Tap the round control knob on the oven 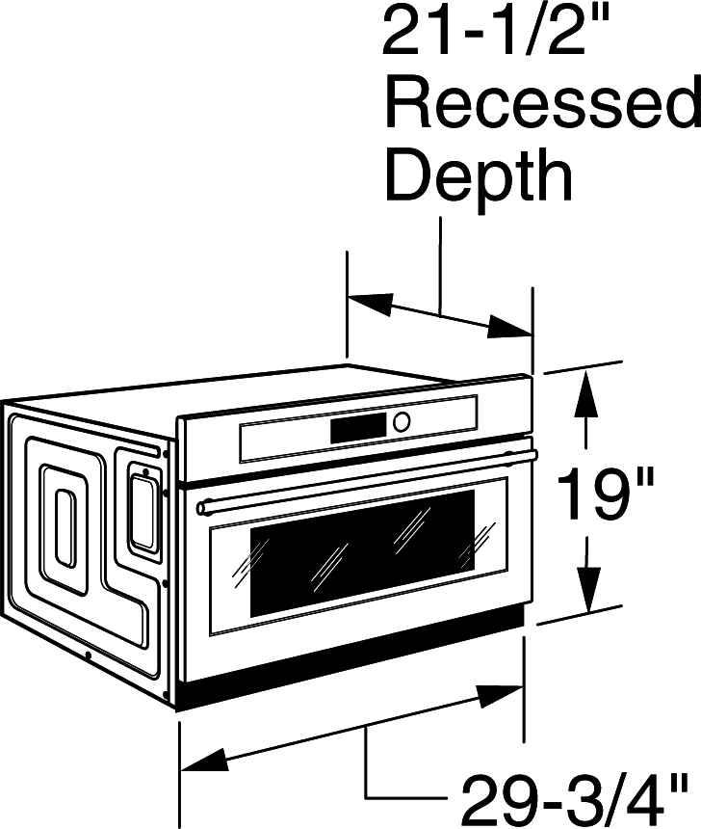(x=401, y=421)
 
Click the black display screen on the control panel (x=358, y=428)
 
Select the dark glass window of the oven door (x=362, y=553)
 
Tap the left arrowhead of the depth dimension (x=370, y=304)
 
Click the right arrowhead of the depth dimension (x=508, y=326)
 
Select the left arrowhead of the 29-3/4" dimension (x=204, y=761)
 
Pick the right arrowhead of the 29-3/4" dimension (x=500, y=695)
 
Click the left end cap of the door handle (x=202, y=509)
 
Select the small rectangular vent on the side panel (x=143, y=511)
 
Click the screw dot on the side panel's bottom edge (x=89, y=655)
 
